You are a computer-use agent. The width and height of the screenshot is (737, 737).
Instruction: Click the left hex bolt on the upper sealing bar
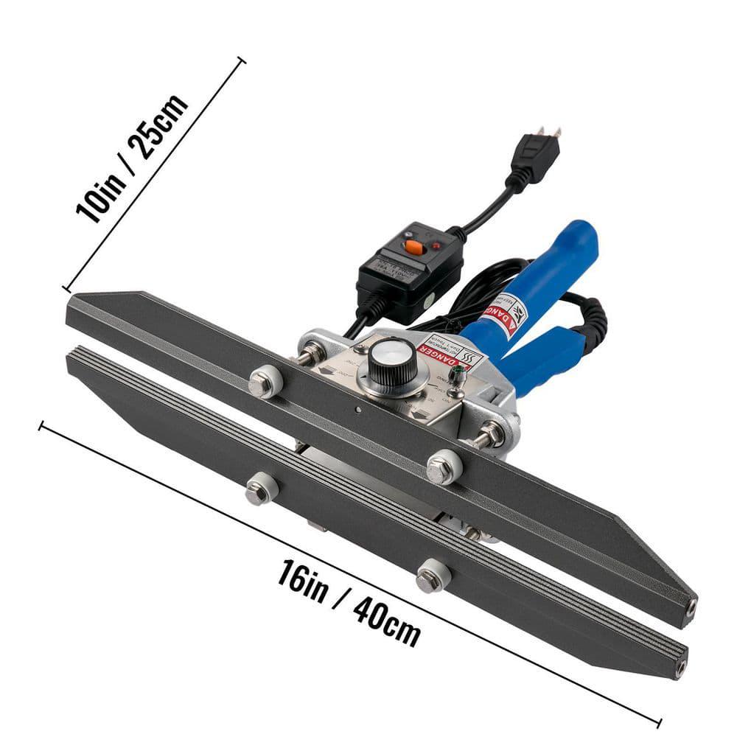[x=264, y=383]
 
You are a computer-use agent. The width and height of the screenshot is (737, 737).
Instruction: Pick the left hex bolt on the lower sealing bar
[x=259, y=490]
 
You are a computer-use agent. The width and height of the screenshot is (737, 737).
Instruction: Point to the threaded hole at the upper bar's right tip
[x=691, y=608]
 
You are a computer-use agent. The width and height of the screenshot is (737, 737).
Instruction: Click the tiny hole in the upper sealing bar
[x=357, y=410]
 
